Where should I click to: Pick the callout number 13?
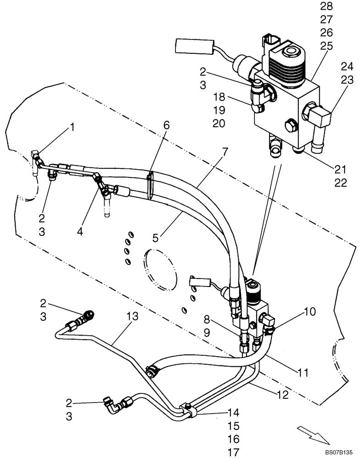132,316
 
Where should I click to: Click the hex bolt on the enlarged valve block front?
290,124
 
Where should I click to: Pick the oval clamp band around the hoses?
151,185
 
